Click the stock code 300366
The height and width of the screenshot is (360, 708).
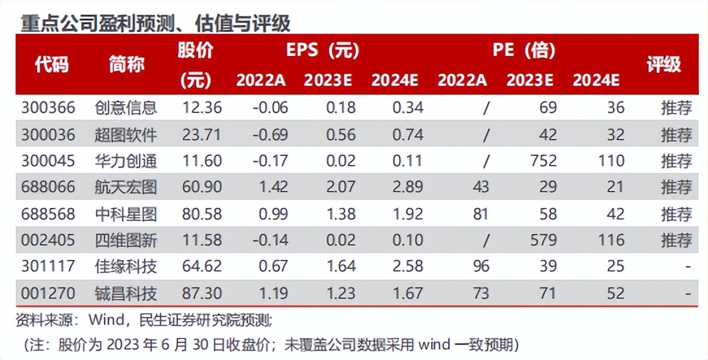(48, 107)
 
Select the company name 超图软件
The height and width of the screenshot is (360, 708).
(125, 135)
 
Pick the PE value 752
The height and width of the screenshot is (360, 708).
(538, 161)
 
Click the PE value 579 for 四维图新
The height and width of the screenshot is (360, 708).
(538, 240)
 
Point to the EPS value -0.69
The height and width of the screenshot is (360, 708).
(270, 135)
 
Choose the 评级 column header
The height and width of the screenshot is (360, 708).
(663, 64)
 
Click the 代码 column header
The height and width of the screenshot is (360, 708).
(51, 64)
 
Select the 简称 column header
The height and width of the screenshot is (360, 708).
(127, 64)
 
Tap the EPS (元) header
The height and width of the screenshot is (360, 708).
(322, 50)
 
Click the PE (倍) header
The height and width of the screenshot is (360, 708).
(524, 50)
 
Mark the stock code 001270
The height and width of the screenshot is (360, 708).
(48, 294)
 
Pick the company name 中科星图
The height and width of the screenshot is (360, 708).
(125, 214)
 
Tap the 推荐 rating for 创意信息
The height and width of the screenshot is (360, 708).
(677, 107)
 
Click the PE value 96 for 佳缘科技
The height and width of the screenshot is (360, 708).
(481, 266)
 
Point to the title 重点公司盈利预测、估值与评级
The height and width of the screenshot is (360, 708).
(155, 23)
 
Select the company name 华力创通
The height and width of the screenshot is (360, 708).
(125, 161)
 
